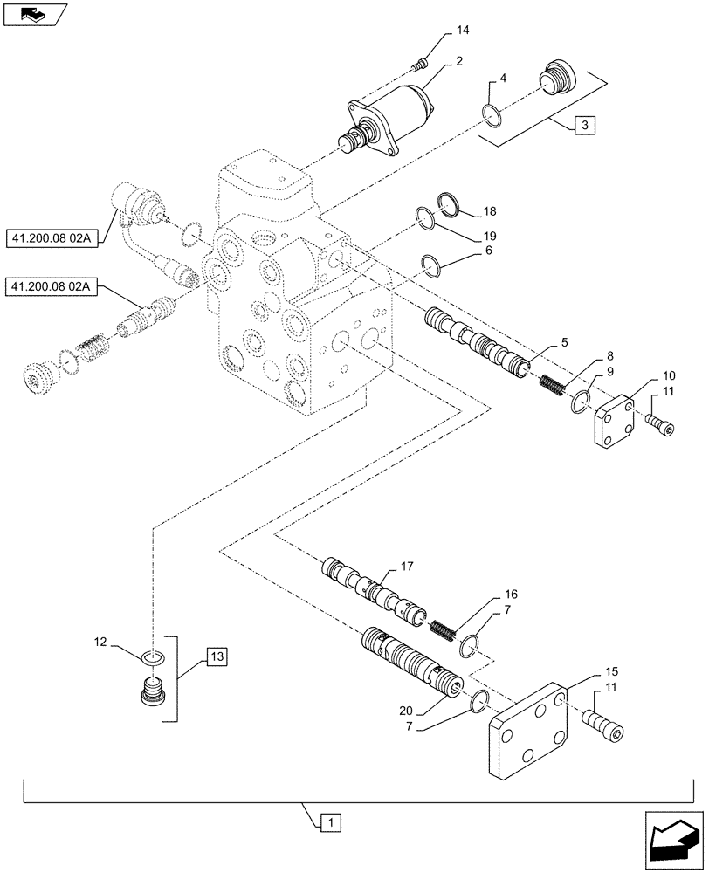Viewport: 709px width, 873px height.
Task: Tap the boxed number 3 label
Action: tap(584, 126)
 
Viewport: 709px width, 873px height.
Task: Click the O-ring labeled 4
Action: tap(492, 113)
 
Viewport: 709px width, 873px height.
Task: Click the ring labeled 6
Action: tap(430, 263)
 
